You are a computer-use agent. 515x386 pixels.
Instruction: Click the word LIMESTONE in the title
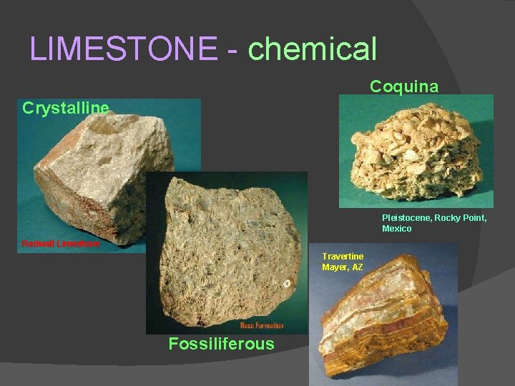124,49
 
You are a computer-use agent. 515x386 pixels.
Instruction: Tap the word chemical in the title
312,49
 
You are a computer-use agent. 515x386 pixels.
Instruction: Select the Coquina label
404,86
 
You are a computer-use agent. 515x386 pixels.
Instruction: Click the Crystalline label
66,108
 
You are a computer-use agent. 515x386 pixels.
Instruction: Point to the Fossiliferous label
221,344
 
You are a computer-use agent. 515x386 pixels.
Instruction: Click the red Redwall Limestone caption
61,243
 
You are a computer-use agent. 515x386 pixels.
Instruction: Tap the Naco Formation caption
262,326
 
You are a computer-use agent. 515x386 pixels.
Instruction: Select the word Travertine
343,256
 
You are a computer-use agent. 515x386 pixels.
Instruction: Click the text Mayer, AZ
343,267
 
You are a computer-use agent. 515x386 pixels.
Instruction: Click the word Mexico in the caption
397,229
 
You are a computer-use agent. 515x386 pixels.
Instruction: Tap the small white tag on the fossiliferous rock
285,283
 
